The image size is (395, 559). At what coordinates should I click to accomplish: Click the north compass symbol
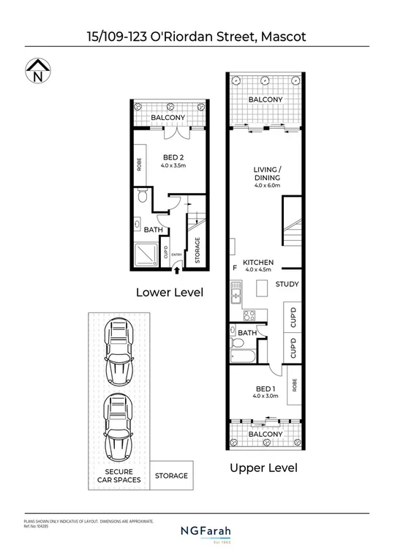(37, 72)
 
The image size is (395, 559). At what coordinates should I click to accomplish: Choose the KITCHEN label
(258, 263)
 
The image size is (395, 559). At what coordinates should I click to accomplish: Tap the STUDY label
(286, 284)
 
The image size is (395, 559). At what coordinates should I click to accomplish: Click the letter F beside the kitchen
(235, 268)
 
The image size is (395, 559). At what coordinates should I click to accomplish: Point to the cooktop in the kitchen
(248, 316)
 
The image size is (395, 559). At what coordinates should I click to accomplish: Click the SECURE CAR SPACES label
(118, 476)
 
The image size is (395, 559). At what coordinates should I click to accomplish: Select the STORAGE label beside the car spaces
(171, 476)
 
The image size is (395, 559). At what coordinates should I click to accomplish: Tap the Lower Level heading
(170, 292)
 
